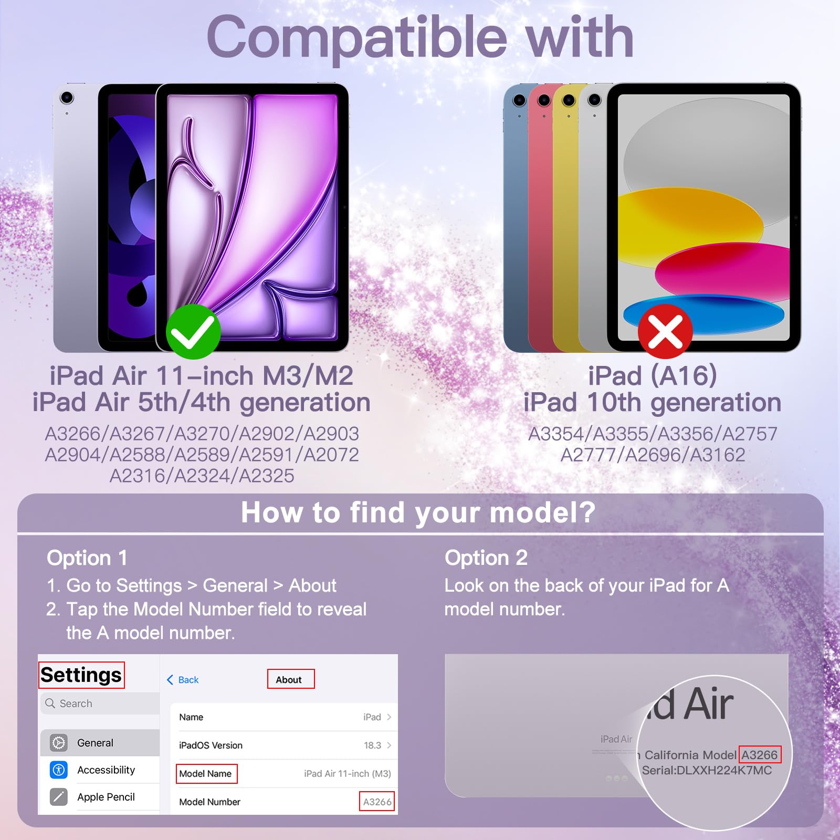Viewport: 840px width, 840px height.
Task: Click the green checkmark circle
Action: pos(193,332)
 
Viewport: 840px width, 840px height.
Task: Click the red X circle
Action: pos(665,332)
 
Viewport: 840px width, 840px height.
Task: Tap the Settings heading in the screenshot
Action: pos(81,675)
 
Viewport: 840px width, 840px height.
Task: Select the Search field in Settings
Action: pos(100,703)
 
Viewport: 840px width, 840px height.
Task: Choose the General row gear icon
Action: pos(59,743)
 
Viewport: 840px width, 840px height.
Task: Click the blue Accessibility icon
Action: pos(59,770)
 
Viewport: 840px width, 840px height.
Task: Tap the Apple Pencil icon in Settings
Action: pos(59,797)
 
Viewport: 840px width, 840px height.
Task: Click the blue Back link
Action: pos(183,680)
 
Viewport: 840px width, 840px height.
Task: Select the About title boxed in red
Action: pos(291,679)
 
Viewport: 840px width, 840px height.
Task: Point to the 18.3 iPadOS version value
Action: pos(373,745)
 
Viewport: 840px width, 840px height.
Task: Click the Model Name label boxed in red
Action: pos(206,774)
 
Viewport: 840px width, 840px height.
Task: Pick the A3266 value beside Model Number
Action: pos(377,802)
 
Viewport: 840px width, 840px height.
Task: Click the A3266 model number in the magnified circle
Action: pos(760,755)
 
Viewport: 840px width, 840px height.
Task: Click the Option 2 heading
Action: pos(486,558)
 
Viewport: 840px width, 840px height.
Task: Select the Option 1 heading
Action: pos(87,558)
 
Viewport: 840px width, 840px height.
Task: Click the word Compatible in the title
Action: pos(357,38)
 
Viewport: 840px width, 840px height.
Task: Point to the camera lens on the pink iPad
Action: pos(544,100)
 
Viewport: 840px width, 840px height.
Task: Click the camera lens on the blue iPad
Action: pos(519,100)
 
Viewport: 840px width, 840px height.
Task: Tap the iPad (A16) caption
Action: pos(653,375)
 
